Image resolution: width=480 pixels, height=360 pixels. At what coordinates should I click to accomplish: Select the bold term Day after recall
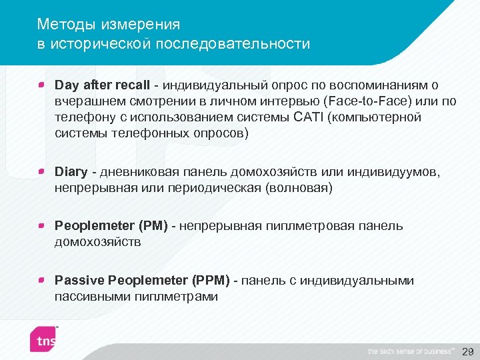pyautogui.click(x=102, y=85)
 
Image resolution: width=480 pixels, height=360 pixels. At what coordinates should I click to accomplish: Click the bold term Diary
pyautogui.click(x=71, y=173)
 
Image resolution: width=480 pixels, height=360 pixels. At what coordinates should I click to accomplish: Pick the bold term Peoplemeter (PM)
pyautogui.click(x=111, y=226)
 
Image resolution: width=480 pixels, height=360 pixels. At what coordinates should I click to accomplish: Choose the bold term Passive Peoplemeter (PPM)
pyautogui.click(x=142, y=281)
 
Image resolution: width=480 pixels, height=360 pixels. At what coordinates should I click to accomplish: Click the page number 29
pyautogui.click(x=467, y=351)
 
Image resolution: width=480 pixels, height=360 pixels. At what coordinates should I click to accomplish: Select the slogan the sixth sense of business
pyautogui.click(x=411, y=351)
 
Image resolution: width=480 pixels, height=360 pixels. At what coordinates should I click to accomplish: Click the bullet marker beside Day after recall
pyautogui.click(x=41, y=85)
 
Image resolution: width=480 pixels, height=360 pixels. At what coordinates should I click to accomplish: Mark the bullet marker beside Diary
pyautogui.click(x=41, y=173)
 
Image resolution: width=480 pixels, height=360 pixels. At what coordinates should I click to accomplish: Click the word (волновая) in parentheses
pyautogui.click(x=299, y=189)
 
